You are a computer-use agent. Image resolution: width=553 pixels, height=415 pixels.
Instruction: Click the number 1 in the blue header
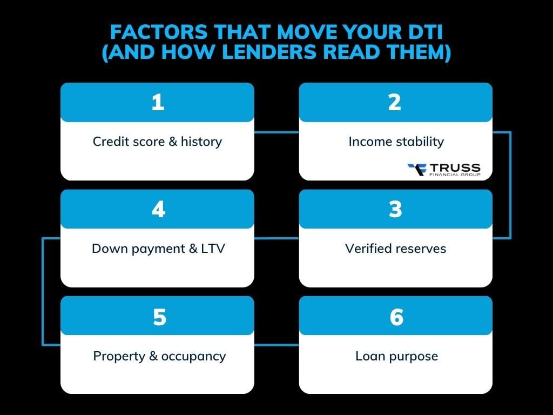[x=158, y=102]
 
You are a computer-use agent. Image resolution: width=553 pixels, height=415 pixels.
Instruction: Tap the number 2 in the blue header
[x=395, y=102]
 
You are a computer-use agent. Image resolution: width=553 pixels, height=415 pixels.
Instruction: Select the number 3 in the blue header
[x=395, y=209]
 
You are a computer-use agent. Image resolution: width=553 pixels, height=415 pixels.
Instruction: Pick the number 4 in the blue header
[x=158, y=209]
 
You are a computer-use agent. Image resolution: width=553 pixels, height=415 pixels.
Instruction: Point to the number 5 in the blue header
[x=159, y=317]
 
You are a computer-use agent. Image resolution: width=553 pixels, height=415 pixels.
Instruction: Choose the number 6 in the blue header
[x=396, y=317]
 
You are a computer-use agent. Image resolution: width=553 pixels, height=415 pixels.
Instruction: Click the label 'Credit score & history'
[x=157, y=142]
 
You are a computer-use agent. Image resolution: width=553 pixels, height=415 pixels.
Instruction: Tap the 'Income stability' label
[x=396, y=142]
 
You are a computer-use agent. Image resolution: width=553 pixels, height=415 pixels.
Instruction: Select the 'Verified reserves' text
[x=396, y=249]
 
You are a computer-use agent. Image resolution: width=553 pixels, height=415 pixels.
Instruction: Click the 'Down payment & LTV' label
[x=158, y=249]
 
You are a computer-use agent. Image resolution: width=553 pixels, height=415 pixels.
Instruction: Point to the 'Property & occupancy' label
[x=159, y=356]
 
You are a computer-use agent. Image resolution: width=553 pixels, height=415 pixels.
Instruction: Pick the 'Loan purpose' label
[x=396, y=356]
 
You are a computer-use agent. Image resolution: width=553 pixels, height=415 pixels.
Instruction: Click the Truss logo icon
[x=417, y=170]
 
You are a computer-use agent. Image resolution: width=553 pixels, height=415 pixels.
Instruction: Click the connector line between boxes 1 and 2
[x=276, y=131]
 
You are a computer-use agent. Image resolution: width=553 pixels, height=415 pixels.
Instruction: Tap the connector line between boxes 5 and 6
[x=276, y=345]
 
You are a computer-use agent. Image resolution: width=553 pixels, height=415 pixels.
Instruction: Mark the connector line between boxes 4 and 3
[x=276, y=238]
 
